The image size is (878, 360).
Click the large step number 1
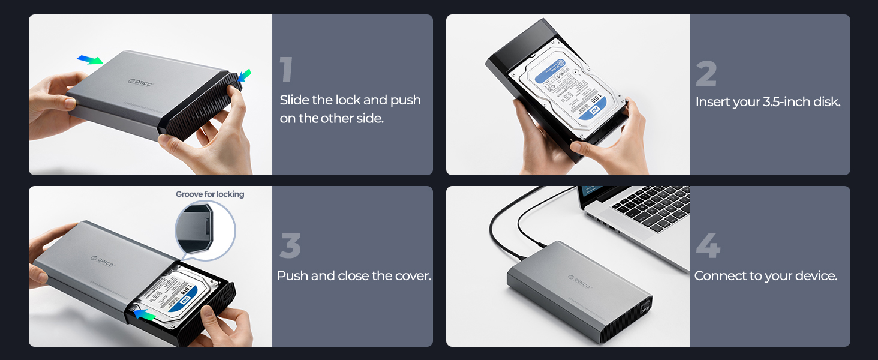tap(287, 70)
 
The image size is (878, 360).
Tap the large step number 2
tap(706, 74)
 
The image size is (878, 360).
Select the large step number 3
tap(290, 246)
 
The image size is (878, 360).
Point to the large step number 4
tap(708, 246)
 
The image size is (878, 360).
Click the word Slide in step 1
tap(294, 100)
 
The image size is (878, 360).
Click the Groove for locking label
tap(210, 194)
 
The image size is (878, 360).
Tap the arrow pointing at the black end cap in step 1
tap(245, 76)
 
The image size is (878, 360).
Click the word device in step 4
tap(818, 276)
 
